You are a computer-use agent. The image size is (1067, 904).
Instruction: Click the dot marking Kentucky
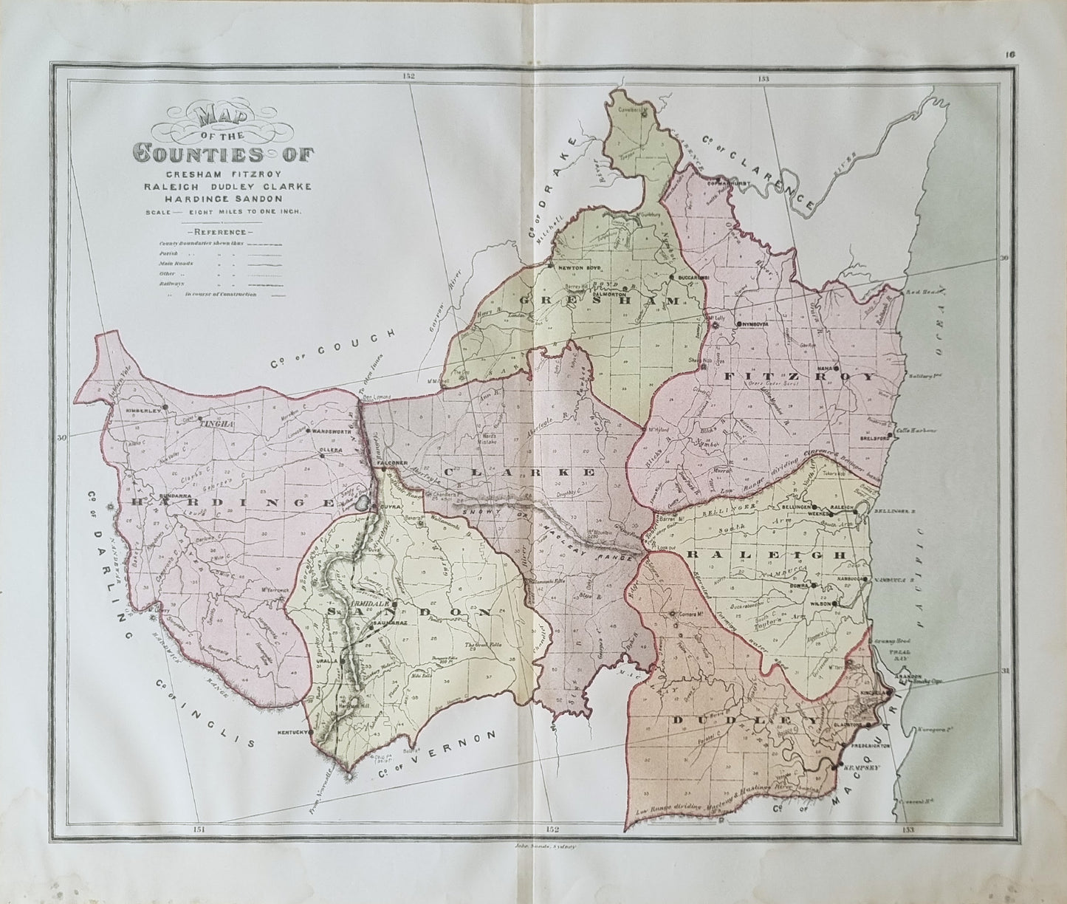pyautogui.click(x=310, y=732)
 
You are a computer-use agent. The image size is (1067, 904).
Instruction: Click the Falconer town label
pyautogui.click(x=394, y=463)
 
